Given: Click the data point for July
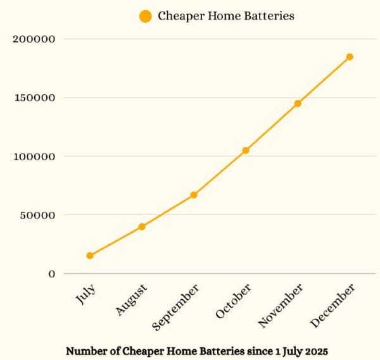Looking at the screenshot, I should [90, 256].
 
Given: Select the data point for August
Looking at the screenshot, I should [142, 227].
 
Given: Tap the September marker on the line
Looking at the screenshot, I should [194, 195].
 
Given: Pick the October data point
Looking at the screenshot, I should [246, 151].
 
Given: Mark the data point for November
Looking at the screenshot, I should [298, 103].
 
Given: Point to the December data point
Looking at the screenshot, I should [350, 57].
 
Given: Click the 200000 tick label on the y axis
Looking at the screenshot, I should [34, 39].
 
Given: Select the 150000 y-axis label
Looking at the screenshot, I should [34, 98].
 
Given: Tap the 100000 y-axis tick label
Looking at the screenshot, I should [34, 156].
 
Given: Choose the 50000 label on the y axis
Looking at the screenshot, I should [37, 215].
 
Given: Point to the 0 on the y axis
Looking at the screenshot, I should [52, 274].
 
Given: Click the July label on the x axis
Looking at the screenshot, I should [85, 295].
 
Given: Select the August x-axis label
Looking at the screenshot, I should [132, 300].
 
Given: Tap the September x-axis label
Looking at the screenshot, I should [177, 307].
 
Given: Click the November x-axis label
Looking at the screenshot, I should [281, 306].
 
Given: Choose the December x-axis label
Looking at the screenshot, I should [333, 306].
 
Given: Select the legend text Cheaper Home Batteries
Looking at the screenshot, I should [226, 16].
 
